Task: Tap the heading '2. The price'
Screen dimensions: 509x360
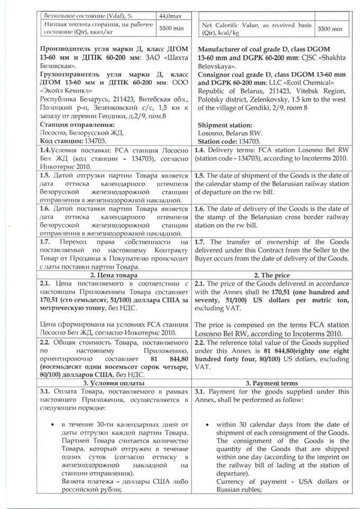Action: pos(272,275)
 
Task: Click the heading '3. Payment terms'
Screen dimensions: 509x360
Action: pos(272,383)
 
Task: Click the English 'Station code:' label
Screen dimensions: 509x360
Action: pos(218,142)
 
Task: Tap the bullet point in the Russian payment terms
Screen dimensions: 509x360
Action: pos(49,424)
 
